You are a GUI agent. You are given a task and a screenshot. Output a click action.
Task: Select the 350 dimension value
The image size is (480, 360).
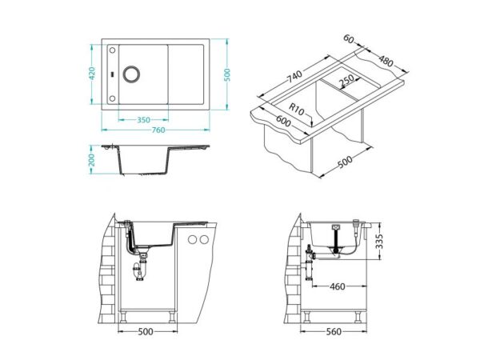(x=144, y=120)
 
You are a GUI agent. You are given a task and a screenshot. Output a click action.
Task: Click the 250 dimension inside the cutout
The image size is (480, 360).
(x=347, y=80)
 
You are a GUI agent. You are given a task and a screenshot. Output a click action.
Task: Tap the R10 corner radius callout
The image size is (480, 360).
(x=297, y=110)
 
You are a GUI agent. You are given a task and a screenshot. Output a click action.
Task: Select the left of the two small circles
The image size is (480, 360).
(x=193, y=241)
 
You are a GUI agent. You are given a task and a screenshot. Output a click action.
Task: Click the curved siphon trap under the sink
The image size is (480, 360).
(x=141, y=272)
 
